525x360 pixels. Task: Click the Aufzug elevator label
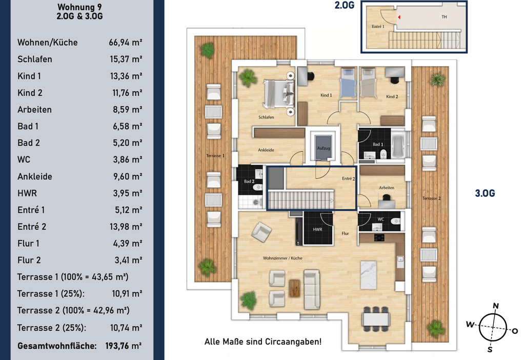(x=324, y=148)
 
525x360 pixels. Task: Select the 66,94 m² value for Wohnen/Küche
(x=125, y=42)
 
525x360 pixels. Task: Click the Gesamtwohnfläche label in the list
(x=57, y=346)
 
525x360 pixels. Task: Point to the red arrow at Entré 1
(x=399, y=17)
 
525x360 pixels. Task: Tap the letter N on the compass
(x=496, y=306)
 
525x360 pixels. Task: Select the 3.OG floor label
(x=485, y=193)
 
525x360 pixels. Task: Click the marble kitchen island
(x=368, y=275)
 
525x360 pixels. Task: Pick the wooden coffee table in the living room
(x=295, y=288)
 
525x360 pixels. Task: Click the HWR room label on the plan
(x=317, y=229)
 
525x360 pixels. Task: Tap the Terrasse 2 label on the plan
(x=431, y=198)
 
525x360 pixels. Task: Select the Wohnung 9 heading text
(x=79, y=7)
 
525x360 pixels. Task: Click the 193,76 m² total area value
(x=124, y=346)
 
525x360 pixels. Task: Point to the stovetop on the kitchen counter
(x=379, y=238)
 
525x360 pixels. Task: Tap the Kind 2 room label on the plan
(x=392, y=96)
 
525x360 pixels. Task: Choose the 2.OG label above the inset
(x=344, y=5)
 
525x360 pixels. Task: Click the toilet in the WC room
(x=396, y=221)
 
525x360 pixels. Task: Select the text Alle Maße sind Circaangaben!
(x=263, y=342)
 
